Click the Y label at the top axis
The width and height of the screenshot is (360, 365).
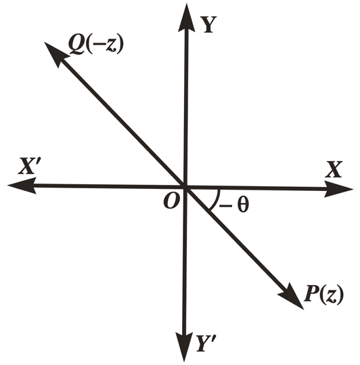pyautogui.click(x=208, y=24)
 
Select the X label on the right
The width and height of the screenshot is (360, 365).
pyautogui.click(x=334, y=169)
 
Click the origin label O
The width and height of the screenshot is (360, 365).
pyautogui.click(x=172, y=201)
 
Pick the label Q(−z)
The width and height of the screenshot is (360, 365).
pyautogui.click(x=96, y=45)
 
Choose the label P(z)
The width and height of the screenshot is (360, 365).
pyautogui.click(x=323, y=294)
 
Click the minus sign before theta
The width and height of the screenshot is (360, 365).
pyautogui.click(x=225, y=205)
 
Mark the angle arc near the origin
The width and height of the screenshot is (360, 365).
pyautogui.click(x=217, y=200)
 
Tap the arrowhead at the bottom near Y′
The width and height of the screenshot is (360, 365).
pyautogui.click(x=184, y=347)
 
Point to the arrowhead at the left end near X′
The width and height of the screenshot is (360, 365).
pyautogui.click(x=22, y=186)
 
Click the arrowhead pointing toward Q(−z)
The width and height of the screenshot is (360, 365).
pyautogui.click(x=55, y=53)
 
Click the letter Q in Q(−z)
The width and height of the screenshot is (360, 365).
pyautogui.click(x=76, y=45)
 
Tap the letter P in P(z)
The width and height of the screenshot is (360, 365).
pyautogui.click(x=312, y=293)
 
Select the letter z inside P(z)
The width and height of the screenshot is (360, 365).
pyautogui.click(x=331, y=296)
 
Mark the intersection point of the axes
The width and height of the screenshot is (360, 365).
pyautogui.click(x=185, y=186)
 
